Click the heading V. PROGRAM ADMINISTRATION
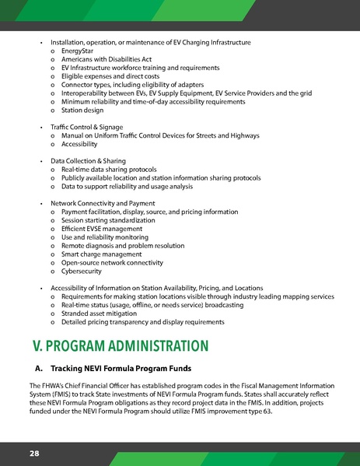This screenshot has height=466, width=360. pyautogui.click(x=120, y=345)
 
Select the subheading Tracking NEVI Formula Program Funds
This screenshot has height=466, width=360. pyautogui.click(x=127, y=367)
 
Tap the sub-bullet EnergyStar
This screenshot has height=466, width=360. pyautogui.click(x=77, y=50)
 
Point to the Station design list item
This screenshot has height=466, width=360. pyautogui.click(x=83, y=110)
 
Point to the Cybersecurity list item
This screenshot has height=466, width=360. pyautogui.click(x=81, y=271)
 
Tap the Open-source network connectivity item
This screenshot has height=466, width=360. pyautogui.click(x=113, y=262)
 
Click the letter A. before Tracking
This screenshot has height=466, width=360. pyautogui.click(x=39, y=367)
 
